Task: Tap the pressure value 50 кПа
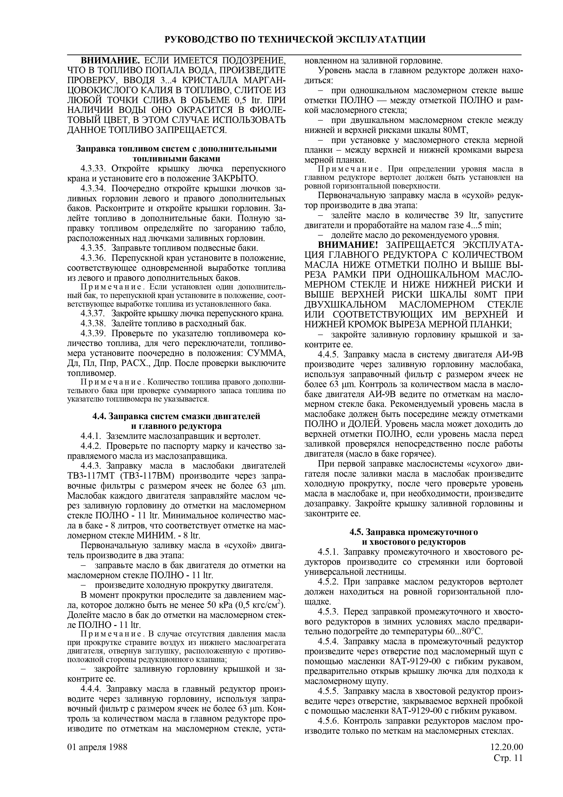click(x=220, y=605)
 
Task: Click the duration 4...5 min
click(x=482, y=225)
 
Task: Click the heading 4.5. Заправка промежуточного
click(x=413, y=532)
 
